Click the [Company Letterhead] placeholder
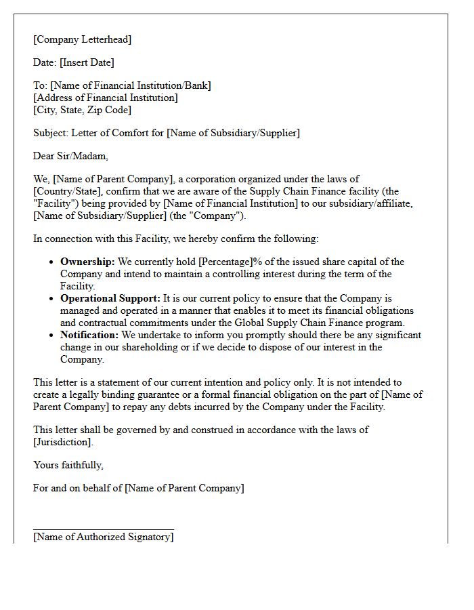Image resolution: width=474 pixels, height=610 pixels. (82, 39)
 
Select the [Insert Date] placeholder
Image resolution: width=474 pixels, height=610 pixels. (87, 62)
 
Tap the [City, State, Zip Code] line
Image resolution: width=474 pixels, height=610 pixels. (82, 110)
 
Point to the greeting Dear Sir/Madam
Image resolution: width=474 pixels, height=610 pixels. (70, 156)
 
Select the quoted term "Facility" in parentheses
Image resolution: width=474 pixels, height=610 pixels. (53, 203)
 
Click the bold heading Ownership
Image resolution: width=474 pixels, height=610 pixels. (87, 262)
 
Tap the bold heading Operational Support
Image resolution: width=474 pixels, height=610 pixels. (110, 298)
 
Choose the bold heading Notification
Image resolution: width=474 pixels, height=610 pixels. (89, 335)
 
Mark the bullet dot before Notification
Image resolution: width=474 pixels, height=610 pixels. (52, 335)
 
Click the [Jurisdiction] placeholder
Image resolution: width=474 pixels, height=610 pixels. (62, 442)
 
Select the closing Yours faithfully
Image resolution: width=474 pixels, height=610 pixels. (68, 465)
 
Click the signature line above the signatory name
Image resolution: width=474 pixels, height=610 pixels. (103, 529)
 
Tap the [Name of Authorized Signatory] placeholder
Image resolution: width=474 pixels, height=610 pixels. (103, 537)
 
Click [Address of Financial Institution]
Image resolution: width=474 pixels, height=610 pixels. (105, 98)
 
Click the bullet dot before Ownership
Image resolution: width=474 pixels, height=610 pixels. (52, 262)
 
